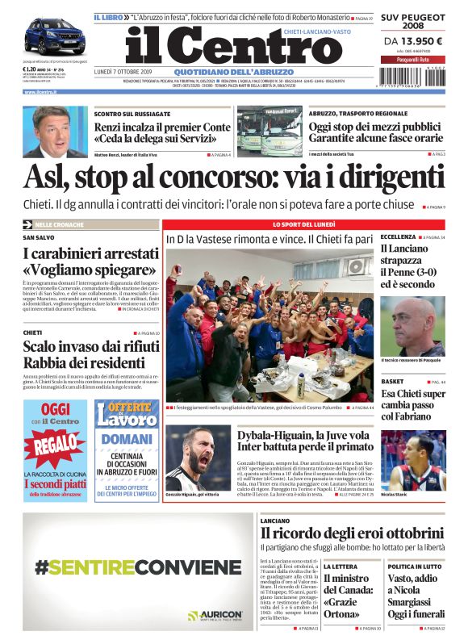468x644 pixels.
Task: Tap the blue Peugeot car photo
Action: tap(54, 36)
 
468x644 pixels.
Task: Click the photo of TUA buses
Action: tap(270, 130)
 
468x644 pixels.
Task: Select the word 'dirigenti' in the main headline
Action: tap(378, 176)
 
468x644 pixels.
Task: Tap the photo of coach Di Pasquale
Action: tap(412, 325)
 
